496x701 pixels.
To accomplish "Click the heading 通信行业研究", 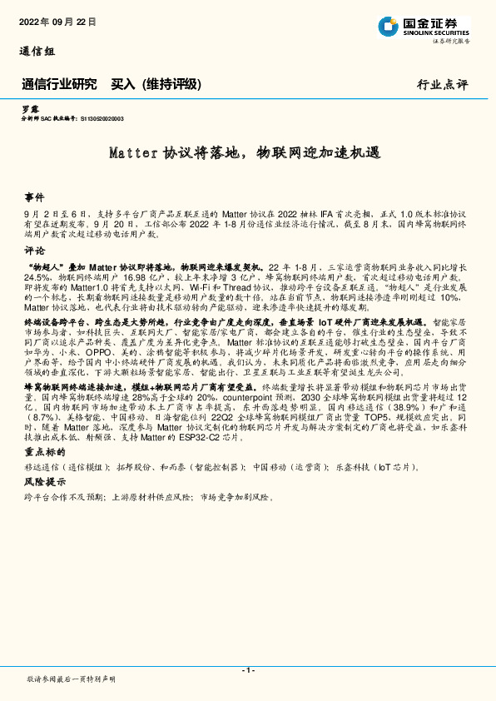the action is coord(59,84).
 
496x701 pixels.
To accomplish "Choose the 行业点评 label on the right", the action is coord(443,85).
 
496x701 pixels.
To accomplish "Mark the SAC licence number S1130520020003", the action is coord(102,119).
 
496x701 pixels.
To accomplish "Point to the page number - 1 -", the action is coord(247,671).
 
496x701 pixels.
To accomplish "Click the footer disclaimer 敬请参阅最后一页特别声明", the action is coord(72,679).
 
